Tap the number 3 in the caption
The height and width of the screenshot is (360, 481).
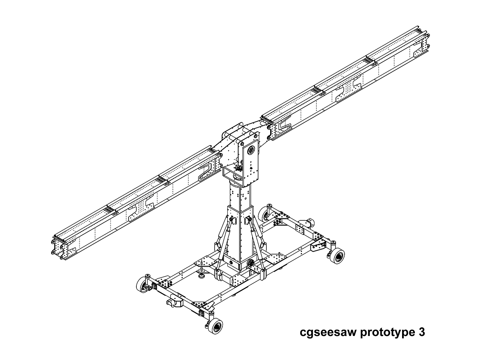pyautogui.click(x=422, y=332)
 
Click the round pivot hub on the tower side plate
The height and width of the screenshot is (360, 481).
pyautogui.click(x=251, y=149)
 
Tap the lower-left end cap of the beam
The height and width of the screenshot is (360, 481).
pyautogui.click(x=61, y=250)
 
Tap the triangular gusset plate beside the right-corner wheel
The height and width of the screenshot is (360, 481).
pyautogui.click(x=319, y=246)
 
